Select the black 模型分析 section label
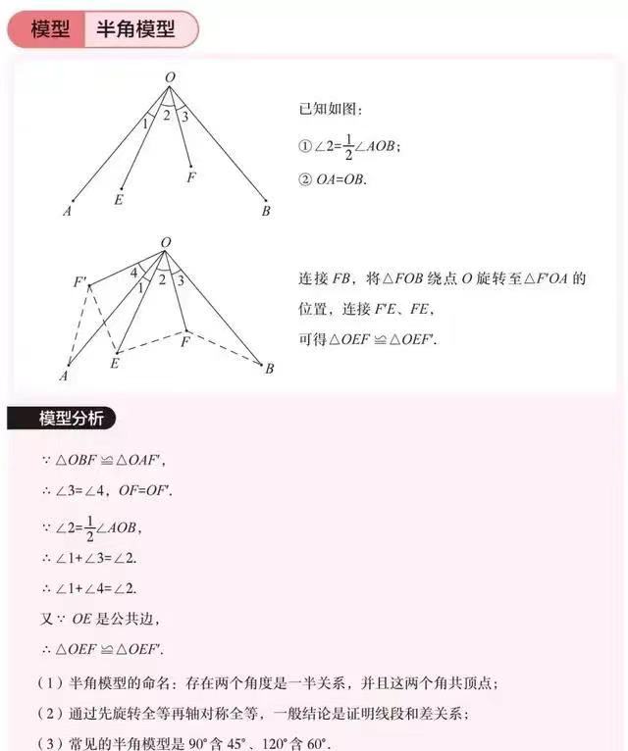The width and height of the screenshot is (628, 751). pyautogui.click(x=64, y=419)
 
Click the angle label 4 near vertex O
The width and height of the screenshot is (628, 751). pyautogui.click(x=134, y=274)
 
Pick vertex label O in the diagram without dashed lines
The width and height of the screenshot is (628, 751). pyautogui.click(x=170, y=76)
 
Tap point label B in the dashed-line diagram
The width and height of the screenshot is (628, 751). pyautogui.click(x=269, y=369)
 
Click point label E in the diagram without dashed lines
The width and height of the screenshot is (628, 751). pyautogui.click(x=119, y=200)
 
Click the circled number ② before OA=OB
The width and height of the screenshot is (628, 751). pyautogui.click(x=304, y=179)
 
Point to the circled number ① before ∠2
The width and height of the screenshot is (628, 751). pyautogui.click(x=304, y=145)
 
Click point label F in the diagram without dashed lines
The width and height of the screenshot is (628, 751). pyautogui.click(x=190, y=177)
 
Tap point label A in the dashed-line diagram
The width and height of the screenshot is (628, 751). pyautogui.click(x=63, y=375)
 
